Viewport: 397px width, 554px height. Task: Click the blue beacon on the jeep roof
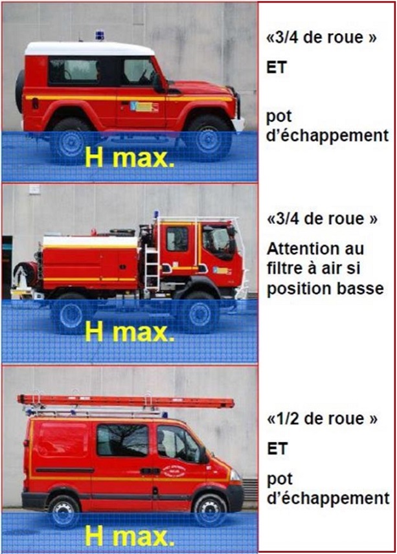100,35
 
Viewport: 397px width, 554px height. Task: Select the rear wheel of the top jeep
69,141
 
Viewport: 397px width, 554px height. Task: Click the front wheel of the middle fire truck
199,313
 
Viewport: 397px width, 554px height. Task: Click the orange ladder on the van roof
126,401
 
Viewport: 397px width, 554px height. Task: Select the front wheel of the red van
210,511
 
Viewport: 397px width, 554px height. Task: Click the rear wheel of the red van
64,511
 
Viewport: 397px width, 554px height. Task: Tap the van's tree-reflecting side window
122,440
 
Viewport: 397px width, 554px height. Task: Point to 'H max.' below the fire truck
130,331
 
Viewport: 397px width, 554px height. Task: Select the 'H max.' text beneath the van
130,536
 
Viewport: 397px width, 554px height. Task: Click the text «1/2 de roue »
323,419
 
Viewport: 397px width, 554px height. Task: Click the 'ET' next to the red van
277,449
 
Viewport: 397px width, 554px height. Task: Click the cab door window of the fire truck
177,239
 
